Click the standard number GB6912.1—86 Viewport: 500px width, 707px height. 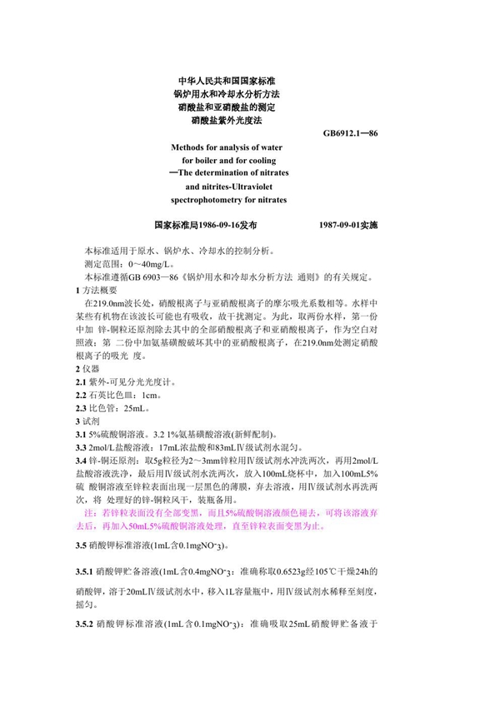(355, 133)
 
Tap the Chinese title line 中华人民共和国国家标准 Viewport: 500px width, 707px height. (220, 81)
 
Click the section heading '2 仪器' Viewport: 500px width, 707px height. (88, 368)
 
